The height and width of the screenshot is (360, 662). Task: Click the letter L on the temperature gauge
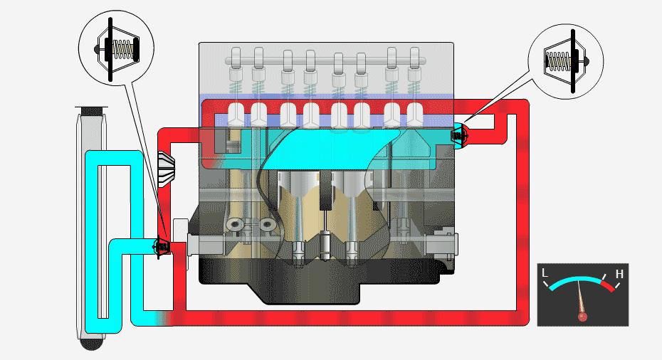(545, 273)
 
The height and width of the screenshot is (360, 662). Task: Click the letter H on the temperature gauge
(619, 274)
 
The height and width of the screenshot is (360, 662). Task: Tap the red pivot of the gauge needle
(582, 315)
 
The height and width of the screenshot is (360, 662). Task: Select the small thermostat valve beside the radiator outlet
(162, 246)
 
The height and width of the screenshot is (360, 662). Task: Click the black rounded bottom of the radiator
(92, 344)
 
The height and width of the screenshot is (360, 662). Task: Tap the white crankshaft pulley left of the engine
(179, 245)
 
